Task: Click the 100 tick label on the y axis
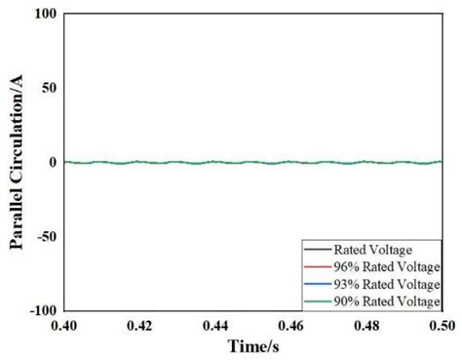(44, 15)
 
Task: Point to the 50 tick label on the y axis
(48, 88)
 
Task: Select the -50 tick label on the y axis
(45, 235)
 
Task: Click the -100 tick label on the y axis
(41, 309)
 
